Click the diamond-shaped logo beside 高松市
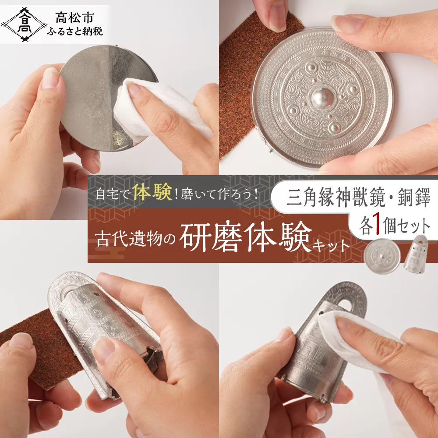click(24, 25)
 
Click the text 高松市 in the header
click(74, 18)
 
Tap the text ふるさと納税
click(75, 31)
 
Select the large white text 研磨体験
click(246, 237)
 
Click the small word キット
click(331, 246)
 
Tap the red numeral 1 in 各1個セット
click(378, 226)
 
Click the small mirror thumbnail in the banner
click(382, 256)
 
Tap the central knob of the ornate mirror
click(323, 98)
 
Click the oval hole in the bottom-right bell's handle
click(347, 305)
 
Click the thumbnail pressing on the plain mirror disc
click(51, 78)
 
